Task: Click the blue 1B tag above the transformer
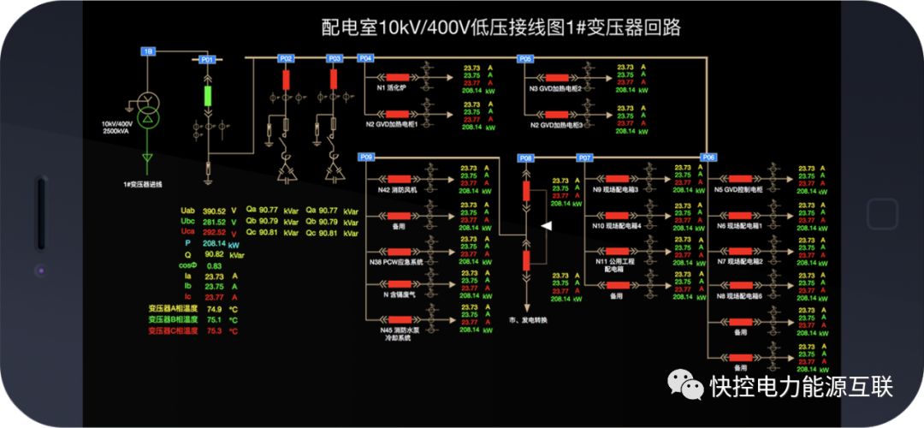[148, 52]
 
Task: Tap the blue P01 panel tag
[207, 60]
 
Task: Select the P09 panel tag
[365, 158]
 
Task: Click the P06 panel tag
[708, 158]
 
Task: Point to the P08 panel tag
[526, 158]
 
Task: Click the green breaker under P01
[207, 95]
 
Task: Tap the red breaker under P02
[287, 80]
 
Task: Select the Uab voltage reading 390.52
[214, 211]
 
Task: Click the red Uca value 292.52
[214, 232]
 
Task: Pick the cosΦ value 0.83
[214, 266]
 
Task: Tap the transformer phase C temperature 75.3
[214, 330]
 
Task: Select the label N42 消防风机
[399, 190]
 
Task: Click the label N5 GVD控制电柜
[738, 190]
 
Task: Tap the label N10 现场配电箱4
[617, 225]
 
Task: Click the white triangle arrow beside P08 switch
[548, 225]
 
